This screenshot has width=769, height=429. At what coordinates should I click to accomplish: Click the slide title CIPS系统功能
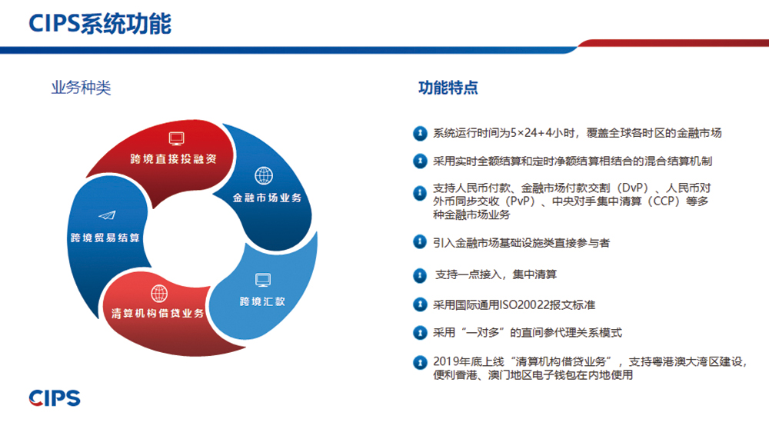pyautogui.click(x=100, y=24)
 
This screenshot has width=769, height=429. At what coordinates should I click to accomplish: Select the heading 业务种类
pyautogui.click(x=81, y=88)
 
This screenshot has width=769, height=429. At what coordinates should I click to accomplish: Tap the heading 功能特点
pyautogui.click(x=448, y=88)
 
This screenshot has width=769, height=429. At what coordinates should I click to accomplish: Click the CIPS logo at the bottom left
pyautogui.click(x=55, y=398)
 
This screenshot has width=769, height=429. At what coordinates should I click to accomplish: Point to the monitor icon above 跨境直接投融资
pyautogui.click(x=177, y=138)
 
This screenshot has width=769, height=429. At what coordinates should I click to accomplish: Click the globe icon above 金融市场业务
pyautogui.click(x=264, y=175)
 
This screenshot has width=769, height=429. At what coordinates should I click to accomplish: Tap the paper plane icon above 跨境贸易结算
pyautogui.click(x=107, y=215)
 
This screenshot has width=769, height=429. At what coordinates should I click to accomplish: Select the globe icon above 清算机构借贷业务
pyautogui.click(x=159, y=294)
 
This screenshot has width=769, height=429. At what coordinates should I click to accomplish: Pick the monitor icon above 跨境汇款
pyautogui.click(x=263, y=280)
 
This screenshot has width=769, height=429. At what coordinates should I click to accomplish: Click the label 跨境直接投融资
pyautogui.click(x=174, y=159)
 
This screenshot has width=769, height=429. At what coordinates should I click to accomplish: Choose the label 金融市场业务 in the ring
pyautogui.click(x=268, y=198)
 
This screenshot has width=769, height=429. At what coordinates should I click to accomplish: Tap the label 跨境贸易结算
pyautogui.click(x=105, y=238)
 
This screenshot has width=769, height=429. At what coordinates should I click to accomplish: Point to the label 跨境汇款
pyautogui.click(x=262, y=301)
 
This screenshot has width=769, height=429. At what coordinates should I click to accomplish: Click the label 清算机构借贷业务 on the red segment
pyautogui.click(x=158, y=313)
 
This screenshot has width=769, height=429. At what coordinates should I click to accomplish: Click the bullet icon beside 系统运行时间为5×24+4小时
pyautogui.click(x=420, y=133)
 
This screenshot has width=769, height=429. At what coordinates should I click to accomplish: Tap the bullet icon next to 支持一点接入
pyautogui.click(x=420, y=275)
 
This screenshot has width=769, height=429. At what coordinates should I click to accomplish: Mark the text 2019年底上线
pyautogui.click(x=468, y=362)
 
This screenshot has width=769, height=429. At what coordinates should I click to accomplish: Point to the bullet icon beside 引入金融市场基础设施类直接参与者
pyautogui.click(x=420, y=241)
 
